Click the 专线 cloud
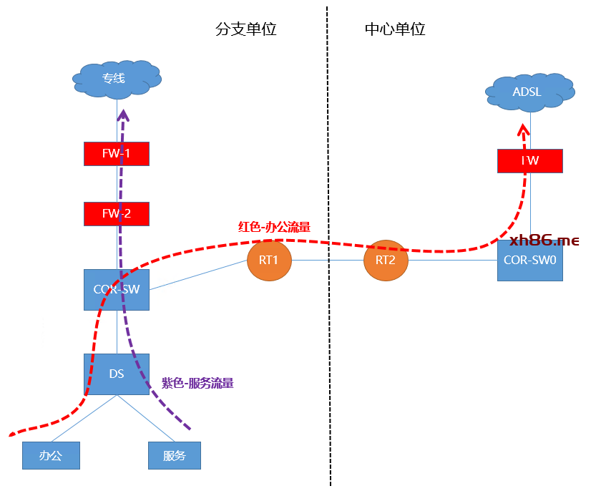click(x=115, y=78)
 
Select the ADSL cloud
click(x=529, y=92)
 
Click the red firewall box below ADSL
click(x=529, y=161)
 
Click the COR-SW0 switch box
click(x=529, y=261)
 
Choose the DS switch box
click(x=117, y=374)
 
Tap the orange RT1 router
click(x=268, y=261)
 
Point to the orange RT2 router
click(x=386, y=261)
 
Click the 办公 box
click(x=50, y=455)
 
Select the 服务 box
click(x=174, y=455)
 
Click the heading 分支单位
click(x=245, y=29)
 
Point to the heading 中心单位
click(x=395, y=29)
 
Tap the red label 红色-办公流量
click(x=274, y=227)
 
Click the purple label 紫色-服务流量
click(x=197, y=383)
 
